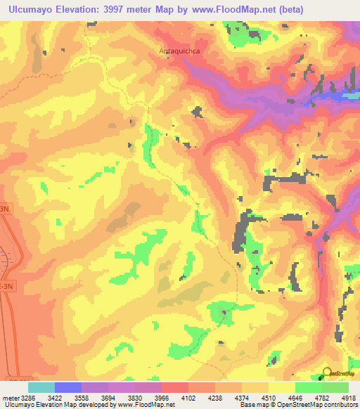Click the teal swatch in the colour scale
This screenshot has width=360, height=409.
(41, 387)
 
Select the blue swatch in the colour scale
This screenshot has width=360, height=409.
(68, 387)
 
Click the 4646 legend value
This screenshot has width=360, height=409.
(307, 397)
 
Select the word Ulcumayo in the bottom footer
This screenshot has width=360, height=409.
(17, 405)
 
